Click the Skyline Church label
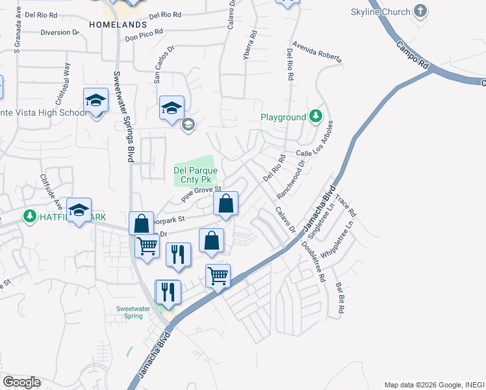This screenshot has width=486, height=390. coord(381,12)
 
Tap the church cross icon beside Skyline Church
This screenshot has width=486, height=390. coord(420,11)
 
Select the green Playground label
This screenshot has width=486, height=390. coord(283,118)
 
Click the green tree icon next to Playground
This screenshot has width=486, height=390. coord(316,117)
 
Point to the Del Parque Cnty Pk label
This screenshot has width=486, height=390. coord(193,174)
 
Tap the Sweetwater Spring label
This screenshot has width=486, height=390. coord(129,312)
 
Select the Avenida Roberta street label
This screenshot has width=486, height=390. coord(317,52)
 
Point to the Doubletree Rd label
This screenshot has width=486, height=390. coord(313,261)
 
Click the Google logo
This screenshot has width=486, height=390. coord(21,382)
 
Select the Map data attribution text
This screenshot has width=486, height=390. coord(433,384)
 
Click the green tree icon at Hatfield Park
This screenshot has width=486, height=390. coord(29,216)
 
